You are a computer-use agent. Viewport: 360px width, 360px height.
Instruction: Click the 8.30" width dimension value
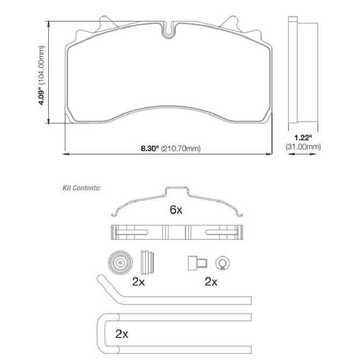tap(150, 149)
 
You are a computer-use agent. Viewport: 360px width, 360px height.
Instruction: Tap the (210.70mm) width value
tap(181, 149)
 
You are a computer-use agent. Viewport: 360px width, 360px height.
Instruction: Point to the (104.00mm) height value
tap(41, 65)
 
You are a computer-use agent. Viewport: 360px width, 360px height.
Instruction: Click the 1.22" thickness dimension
tap(303, 138)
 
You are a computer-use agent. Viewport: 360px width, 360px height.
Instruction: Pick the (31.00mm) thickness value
tap(303, 146)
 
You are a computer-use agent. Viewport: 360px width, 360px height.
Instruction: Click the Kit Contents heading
tap(82, 188)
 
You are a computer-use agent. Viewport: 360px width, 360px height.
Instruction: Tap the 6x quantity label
tap(176, 210)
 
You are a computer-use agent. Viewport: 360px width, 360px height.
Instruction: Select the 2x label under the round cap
tap(138, 282)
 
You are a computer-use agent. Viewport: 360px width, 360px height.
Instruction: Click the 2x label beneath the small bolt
tap(211, 282)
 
